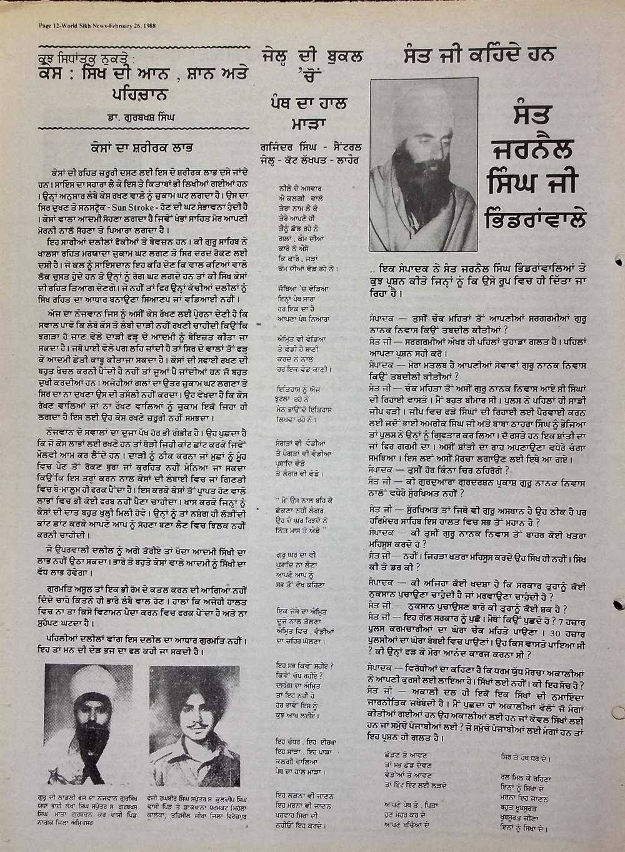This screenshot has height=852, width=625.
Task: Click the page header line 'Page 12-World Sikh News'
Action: (66, 27)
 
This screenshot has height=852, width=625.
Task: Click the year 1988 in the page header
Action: (146, 27)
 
